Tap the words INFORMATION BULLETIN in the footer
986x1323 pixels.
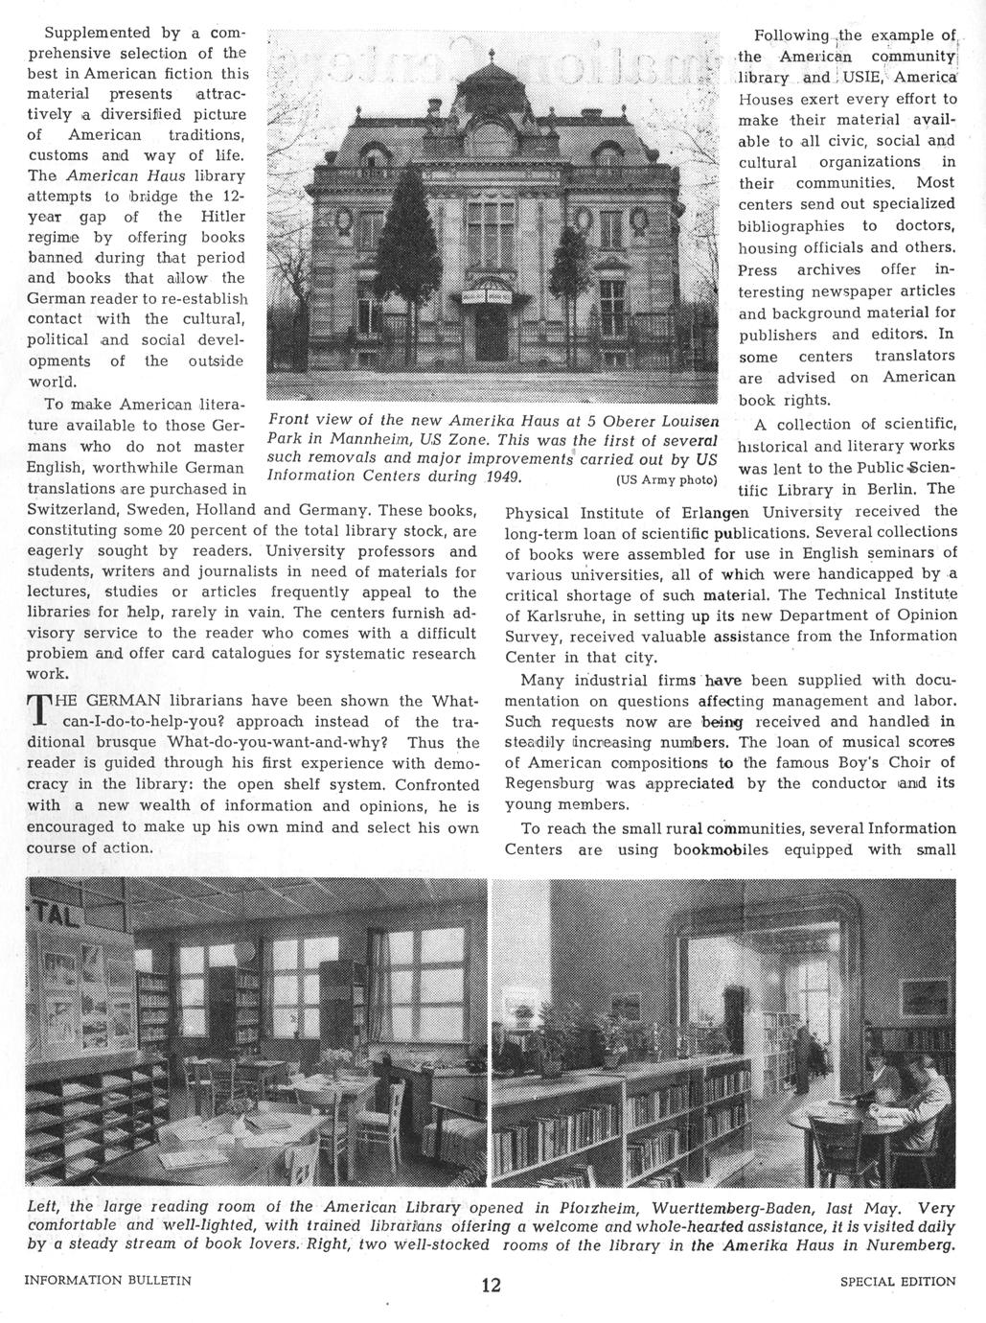(108, 1280)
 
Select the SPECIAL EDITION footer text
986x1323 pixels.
(897, 1281)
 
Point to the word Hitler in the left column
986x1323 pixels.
(223, 216)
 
